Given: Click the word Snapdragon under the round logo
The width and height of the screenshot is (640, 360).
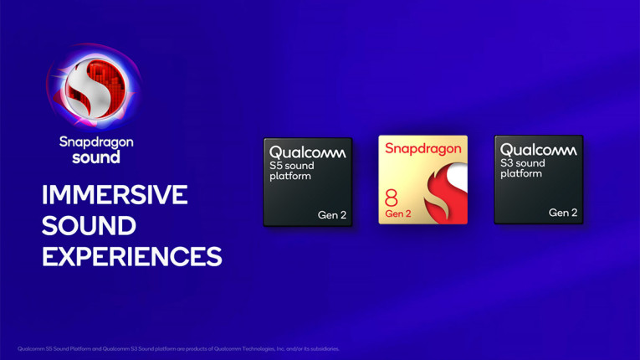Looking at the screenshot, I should pyautogui.click(x=95, y=142).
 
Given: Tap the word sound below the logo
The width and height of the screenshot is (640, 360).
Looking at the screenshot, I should pyautogui.click(x=95, y=157).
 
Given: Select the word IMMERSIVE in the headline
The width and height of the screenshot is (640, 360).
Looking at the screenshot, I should pyautogui.click(x=115, y=195).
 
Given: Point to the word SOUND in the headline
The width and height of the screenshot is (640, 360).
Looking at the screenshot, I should pyautogui.click(x=89, y=225).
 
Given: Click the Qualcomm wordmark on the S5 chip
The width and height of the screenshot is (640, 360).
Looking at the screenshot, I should pyautogui.click(x=307, y=152).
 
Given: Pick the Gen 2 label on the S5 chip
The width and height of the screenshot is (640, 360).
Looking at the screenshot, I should pyautogui.click(x=332, y=215).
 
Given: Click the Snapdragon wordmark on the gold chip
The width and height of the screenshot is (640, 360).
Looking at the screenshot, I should pyautogui.click(x=422, y=149).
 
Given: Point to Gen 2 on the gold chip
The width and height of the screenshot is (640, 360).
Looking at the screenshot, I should pyautogui.click(x=399, y=215).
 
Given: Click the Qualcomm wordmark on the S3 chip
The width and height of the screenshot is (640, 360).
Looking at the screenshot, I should pyautogui.click(x=538, y=151).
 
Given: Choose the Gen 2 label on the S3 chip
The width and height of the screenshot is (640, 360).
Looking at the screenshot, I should pyautogui.click(x=563, y=213).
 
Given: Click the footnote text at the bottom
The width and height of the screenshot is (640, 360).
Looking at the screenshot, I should pyautogui.click(x=178, y=348).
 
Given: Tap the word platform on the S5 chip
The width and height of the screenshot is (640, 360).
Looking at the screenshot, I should pyautogui.click(x=290, y=176).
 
